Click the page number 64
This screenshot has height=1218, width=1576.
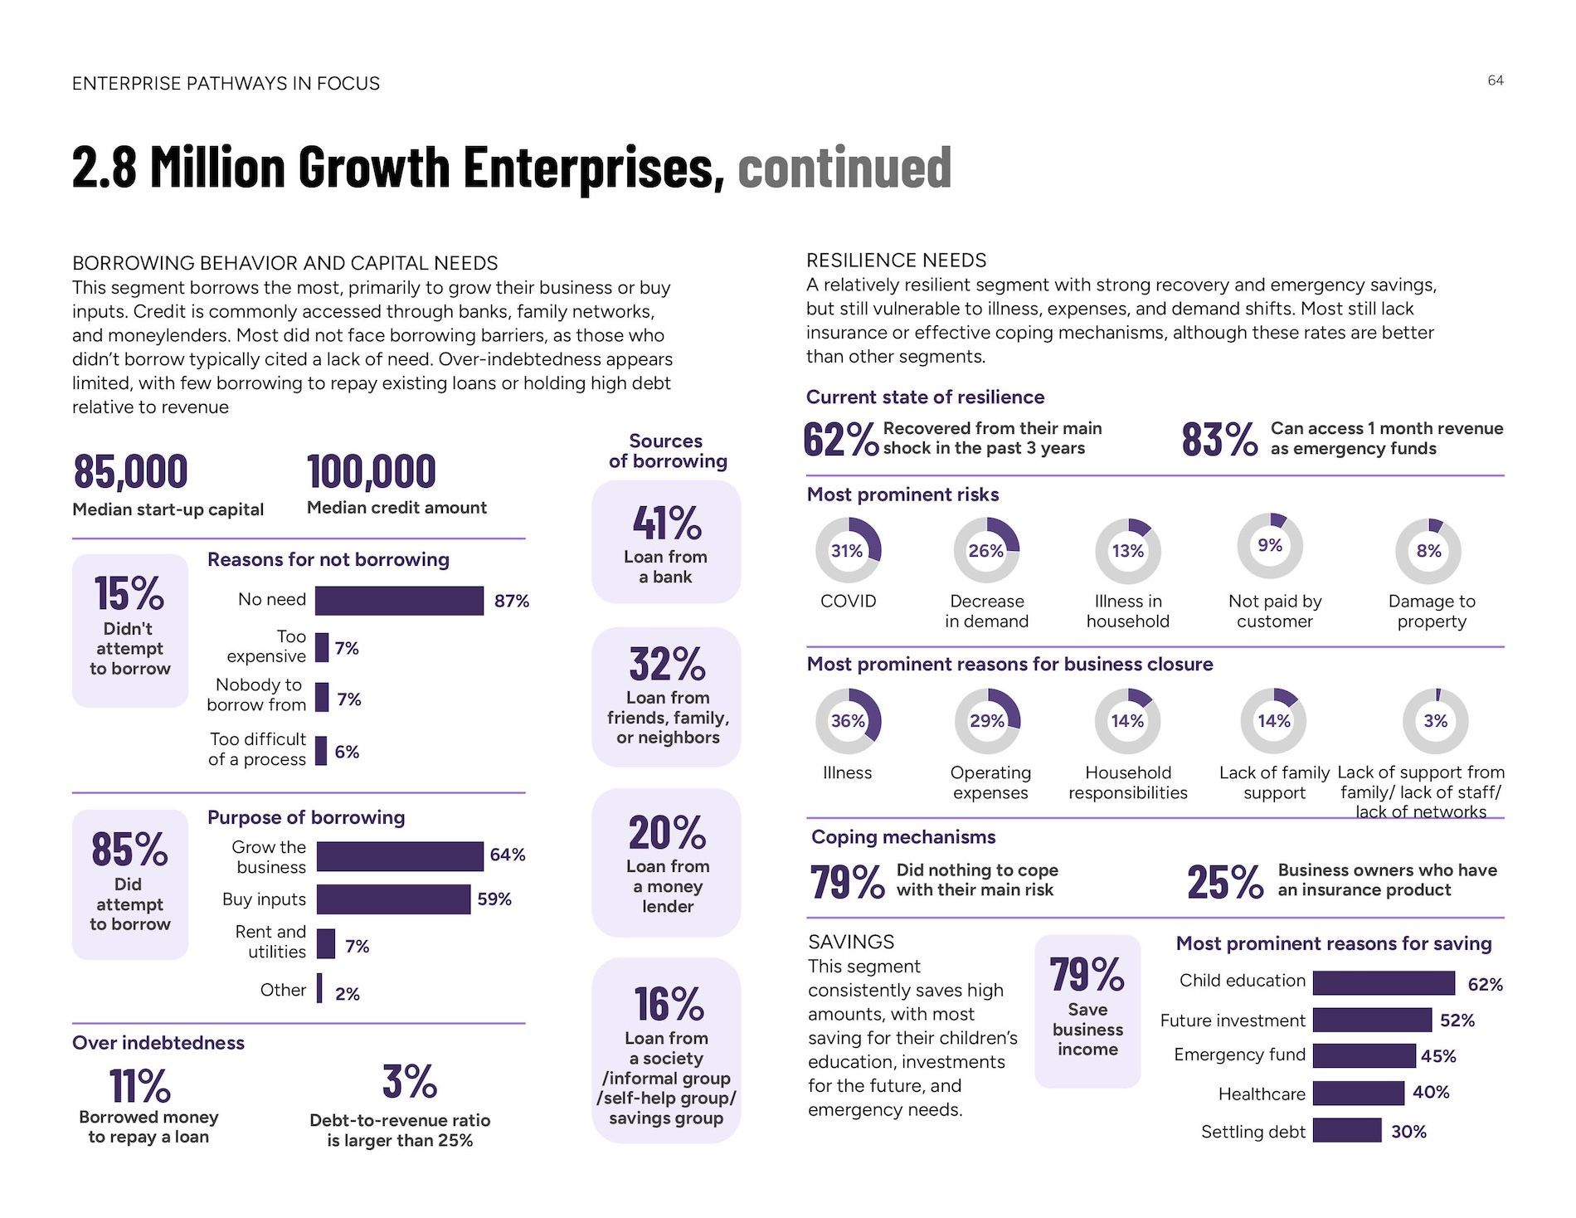[1496, 80]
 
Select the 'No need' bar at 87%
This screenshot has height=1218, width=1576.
[399, 601]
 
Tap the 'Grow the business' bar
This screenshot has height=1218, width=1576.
[400, 856]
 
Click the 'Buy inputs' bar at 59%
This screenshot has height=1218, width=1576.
[393, 899]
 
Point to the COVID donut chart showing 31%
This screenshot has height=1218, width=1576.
[849, 550]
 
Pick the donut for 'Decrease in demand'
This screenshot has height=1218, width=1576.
[986, 550]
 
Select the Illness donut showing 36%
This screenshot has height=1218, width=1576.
[849, 720]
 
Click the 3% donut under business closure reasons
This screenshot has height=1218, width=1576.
[1435, 720]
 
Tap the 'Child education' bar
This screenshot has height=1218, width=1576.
[1384, 983]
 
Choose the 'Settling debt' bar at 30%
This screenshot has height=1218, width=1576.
[1347, 1130]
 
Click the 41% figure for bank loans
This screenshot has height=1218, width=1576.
[667, 523]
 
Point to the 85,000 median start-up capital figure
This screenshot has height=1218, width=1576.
[130, 471]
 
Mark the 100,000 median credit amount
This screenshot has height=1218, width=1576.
[371, 471]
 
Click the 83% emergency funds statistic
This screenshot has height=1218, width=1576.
[1219, 439]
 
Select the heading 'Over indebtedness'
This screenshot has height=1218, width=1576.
[158, 1043]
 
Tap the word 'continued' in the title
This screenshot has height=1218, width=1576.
[844, 167]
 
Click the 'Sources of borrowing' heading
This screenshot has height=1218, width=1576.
[667, 451]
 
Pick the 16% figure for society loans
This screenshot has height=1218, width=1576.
[669, 1004]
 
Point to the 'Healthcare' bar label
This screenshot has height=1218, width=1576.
[1262, 1094]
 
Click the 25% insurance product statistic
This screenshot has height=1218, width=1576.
[1224, 882]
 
